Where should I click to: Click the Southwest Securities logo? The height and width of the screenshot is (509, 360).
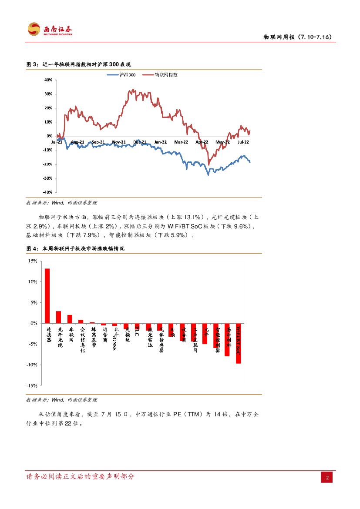pyautogui.click(x=50, y=30)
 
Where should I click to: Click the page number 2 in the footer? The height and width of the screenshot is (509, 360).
pyautogui.click(x=327, y=477)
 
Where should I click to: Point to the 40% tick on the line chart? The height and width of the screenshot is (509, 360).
pyautogui.click(x=48, y=80)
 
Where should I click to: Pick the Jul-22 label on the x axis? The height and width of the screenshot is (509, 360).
pyautogui.click(x=242, y=142)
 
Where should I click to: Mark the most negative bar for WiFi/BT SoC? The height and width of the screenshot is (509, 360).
pyautogui.click(x=239, y=343)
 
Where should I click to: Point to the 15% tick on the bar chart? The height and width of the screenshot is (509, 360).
pyautogui.click(x=32, y=261)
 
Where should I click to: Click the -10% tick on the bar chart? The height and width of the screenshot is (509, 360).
pyautogui.click(x=31, y=365)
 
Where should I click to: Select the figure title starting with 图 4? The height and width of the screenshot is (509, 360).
pyautogui.click(x=75, y=248)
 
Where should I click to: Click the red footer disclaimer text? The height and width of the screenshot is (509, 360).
pyautogui.click(x=81, y=476)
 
